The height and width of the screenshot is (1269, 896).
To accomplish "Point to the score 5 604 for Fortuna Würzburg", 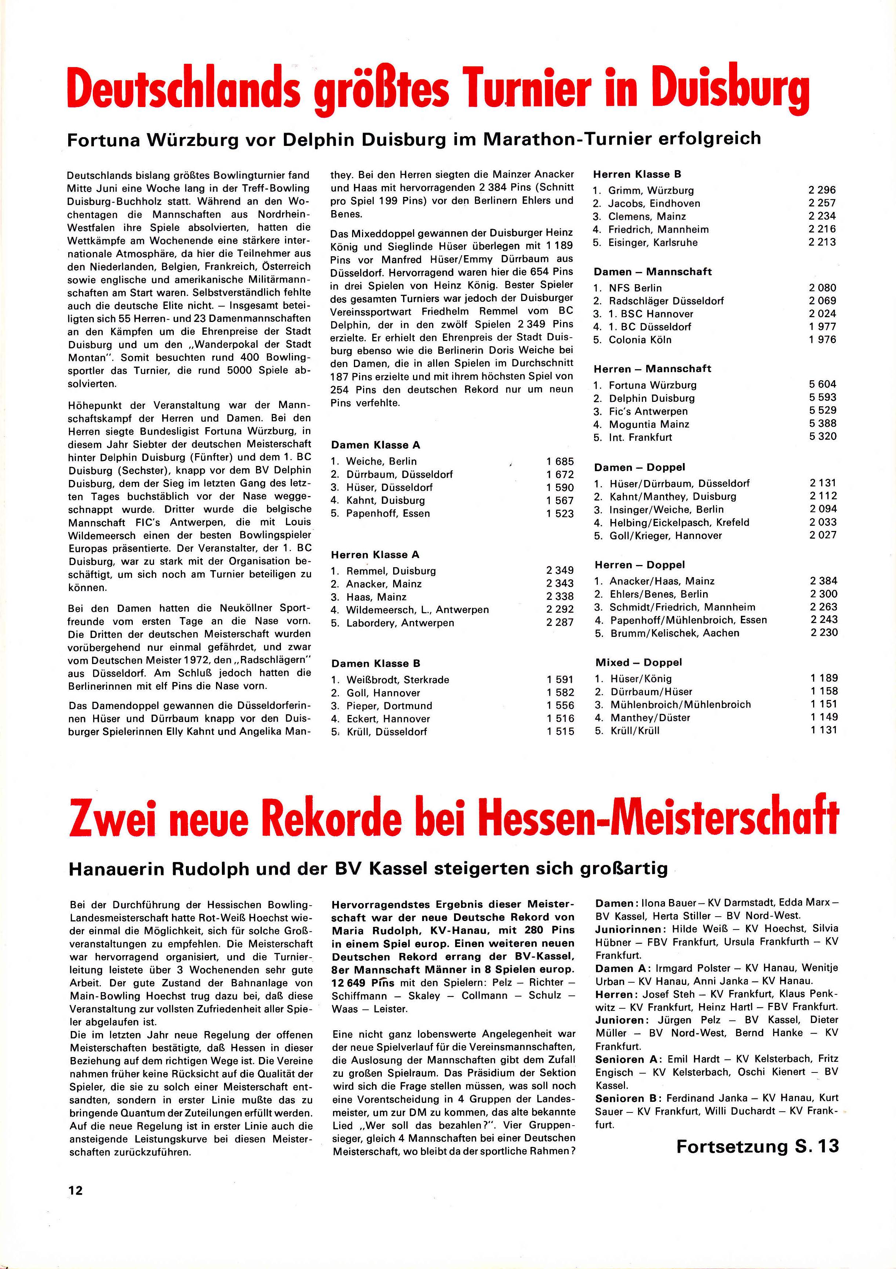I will tap(823, 384).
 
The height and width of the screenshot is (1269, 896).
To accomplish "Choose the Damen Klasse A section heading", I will tap(375, 445).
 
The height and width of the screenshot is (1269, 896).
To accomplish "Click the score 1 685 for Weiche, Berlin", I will tap(560, 461).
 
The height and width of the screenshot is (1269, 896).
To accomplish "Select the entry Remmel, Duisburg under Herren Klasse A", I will tap(391, 571).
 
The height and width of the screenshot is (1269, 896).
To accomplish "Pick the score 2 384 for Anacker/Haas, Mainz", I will tap(824, 580).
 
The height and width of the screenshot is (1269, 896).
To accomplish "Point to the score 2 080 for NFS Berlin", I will tap(823, 287).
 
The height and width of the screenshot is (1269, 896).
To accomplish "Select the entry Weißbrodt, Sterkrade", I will tap(398, 679).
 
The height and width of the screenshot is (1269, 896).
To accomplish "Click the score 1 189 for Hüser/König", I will tap(824, 678).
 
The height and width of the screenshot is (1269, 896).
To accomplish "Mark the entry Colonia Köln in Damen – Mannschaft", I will tap(640, 340).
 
